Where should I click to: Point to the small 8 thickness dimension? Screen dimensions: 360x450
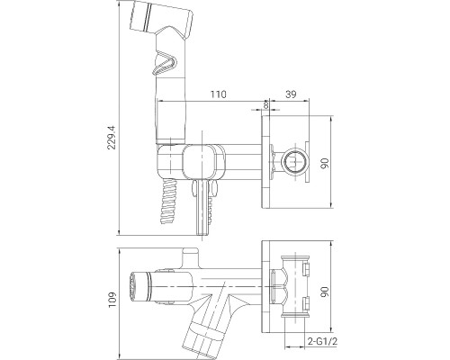(x=267, y=105)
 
